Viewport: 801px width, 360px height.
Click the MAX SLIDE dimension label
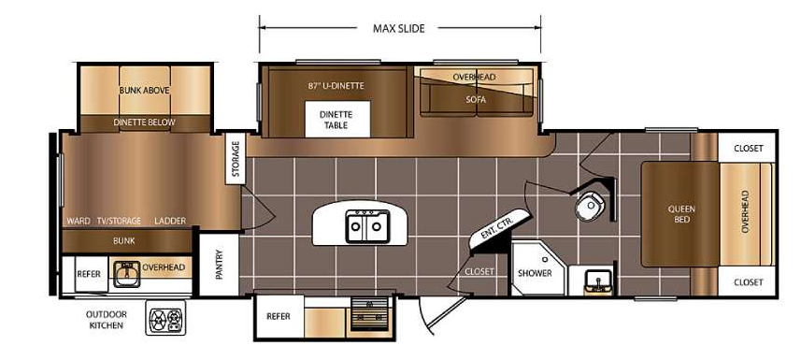tap(398, 29)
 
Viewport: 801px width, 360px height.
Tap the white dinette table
tap(337, 119)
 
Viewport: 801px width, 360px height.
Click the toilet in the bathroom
tap(590, 206)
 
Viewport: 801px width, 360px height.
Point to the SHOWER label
tap(535, 273)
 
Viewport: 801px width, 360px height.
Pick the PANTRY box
tap(219, 265)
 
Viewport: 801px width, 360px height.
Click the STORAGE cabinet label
tap(236, 159)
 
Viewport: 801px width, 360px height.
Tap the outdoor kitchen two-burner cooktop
tap(166, 318)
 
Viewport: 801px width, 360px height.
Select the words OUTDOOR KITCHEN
tap(107, 320)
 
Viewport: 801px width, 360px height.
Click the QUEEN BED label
tap(681, 214)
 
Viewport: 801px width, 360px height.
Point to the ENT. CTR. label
tap(497, 225)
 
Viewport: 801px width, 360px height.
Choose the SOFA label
tap(476, 100)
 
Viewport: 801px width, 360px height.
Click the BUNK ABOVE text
tap(145, 90)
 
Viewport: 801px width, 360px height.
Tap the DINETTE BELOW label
tap(144, 122)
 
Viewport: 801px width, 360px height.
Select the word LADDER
tap(170, 221)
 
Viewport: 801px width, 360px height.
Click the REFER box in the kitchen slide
tap(279, 317)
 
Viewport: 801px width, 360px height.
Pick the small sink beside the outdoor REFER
tap(127, 274)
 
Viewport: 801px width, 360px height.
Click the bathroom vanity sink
tap(597, 281)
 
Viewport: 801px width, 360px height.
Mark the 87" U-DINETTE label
tap(336, 86)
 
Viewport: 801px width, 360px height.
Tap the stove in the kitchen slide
tap(370, 314)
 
